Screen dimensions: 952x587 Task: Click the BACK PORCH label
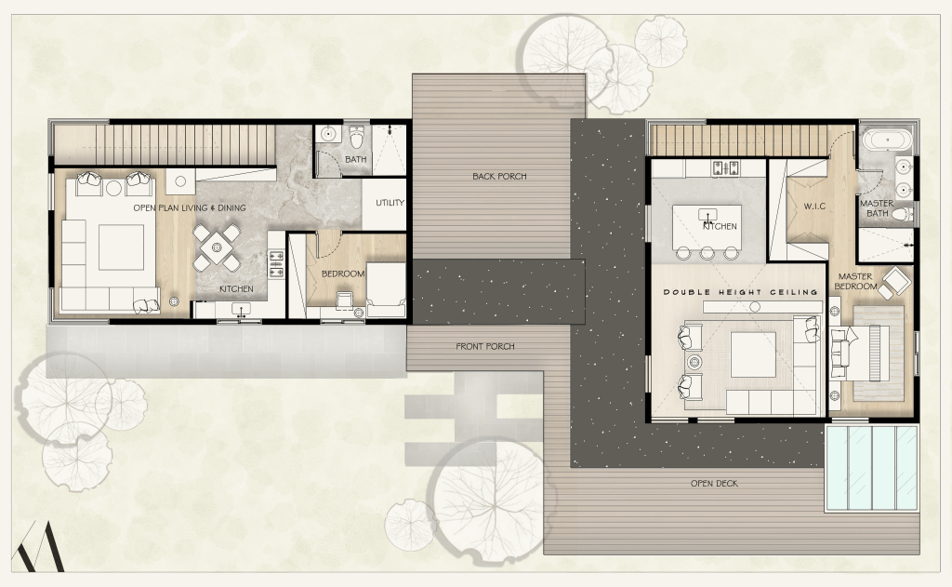click(x=499, y=176)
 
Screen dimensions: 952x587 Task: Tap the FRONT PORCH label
click(x=485, y=346)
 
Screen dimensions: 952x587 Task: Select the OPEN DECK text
click(x=714, y=484)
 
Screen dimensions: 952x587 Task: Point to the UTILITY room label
click(x=390, y=203)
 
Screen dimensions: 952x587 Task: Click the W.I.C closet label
click(x=814, y=207)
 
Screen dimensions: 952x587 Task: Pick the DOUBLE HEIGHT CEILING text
click(x=740, y=292)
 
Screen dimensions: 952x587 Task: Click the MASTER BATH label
click(x=877, y=207)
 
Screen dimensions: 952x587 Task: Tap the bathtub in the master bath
click(x=887, y=140)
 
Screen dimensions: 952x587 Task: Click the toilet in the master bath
click(x=905, y=213)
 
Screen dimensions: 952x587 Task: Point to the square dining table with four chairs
click(x=216, y=248)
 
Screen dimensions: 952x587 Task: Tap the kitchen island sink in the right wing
click(x=707, y=214)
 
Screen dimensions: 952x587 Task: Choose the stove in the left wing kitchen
click(x=275, y=265)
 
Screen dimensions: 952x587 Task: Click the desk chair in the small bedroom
click(x=344, y=299)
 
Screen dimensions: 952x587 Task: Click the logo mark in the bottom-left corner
click(x=39, y=547)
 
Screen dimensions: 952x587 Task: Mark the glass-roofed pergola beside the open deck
click(x=871, y=468)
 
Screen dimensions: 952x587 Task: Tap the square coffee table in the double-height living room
click(x=753, y=354)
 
